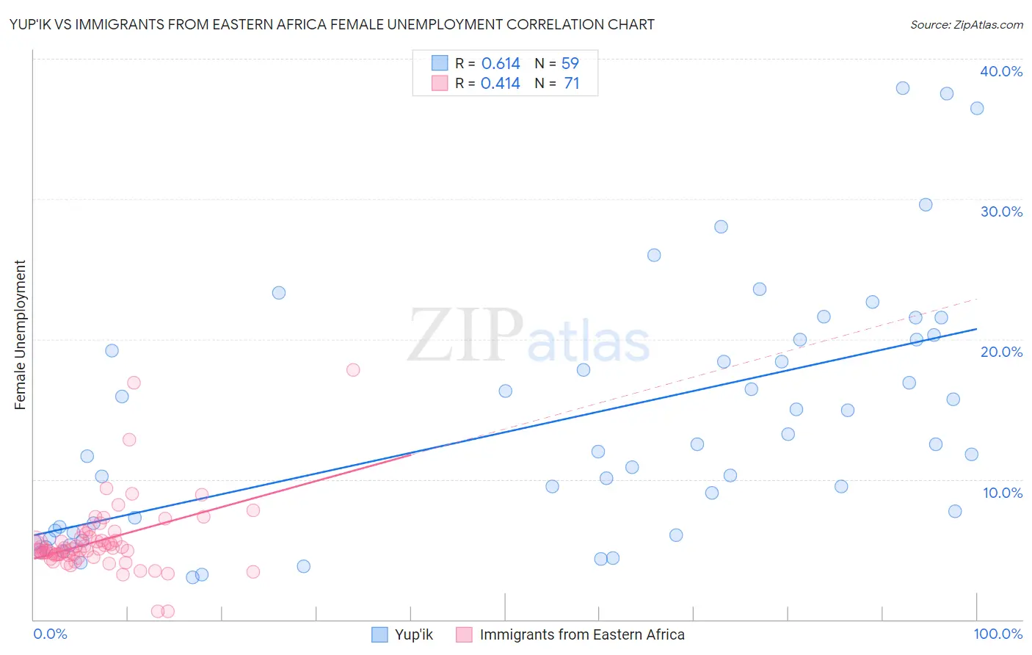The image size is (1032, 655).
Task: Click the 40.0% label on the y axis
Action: pyautogui.click(x=1001, y=71)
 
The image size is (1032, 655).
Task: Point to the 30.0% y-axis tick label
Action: pyautogui.click(x=1001, y=211)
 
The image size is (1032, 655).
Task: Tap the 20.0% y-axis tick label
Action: pyautogui.click(x=1001, y=352)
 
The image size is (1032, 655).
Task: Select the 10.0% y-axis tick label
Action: pyautogui.click(x=1002, y=493)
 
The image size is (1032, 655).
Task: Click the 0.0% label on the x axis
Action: pyautogui.click(x=50, y=634)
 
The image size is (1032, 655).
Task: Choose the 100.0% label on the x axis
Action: pyautogui.click(x=998, y=634)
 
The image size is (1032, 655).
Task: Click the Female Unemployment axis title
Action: pyautogui.click(x=21, y=335)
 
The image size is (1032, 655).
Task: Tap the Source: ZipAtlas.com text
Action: pyautogui.click(x=966, y=25)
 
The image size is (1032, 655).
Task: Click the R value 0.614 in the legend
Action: pyautogui.click(x=501, y=63)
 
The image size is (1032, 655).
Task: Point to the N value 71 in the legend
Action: pyautogui.click(x=571, y=84)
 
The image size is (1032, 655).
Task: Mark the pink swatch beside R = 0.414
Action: pyautogui.click(x=440, y=83)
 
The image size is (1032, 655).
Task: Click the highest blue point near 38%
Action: pyautogui.click(x=903, y=88)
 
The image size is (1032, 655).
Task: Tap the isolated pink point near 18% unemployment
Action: pyautogui.click(x=353, y=370)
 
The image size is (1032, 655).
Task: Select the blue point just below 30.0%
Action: pyautogui.click(x=926, y=205)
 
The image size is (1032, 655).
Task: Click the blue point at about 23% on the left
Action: pyautogui.click(x=279, y=293)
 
